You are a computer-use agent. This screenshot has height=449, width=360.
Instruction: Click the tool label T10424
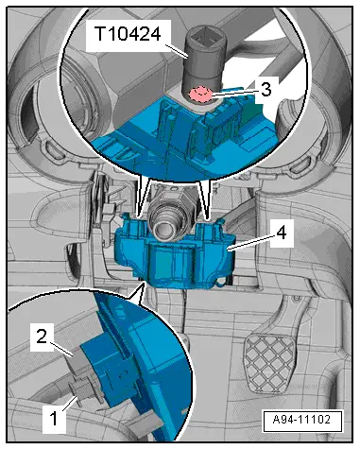coord(128,34)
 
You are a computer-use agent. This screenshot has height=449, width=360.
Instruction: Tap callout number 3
coord(266,90)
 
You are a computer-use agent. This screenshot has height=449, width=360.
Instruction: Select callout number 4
coord(282,233)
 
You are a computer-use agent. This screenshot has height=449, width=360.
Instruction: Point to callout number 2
coord(42,337)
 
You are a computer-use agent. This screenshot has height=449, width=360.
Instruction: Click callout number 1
coord(54,419)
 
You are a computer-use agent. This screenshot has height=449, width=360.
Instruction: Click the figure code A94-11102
coord(301,420)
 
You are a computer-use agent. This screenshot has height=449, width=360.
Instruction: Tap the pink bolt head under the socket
coord(199,94)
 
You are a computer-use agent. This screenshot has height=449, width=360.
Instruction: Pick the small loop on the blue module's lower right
coord(221,282)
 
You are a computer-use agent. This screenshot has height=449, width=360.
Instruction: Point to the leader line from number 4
coord(252,242)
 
